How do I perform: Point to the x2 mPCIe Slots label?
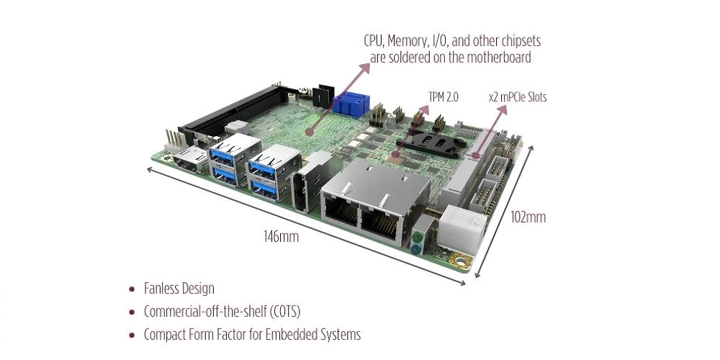coord(517,96)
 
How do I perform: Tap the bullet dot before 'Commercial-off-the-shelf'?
coord(131,312)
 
